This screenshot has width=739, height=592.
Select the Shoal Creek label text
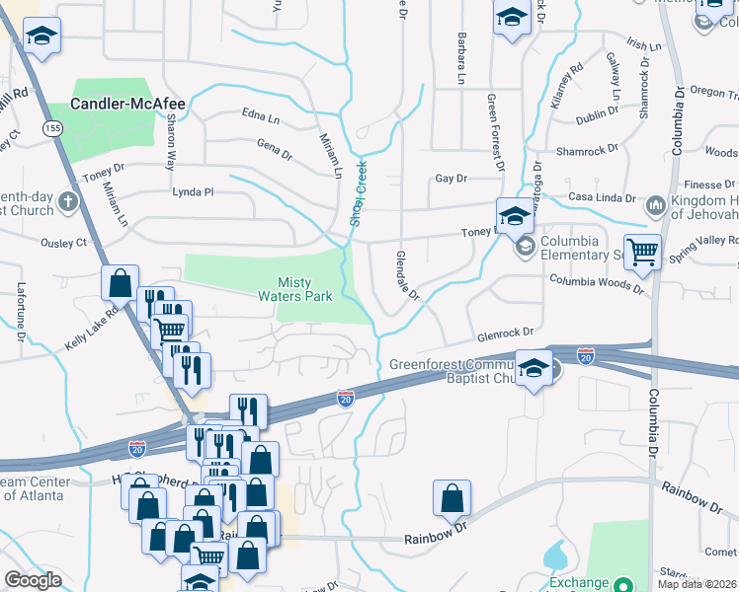tap(361, 193)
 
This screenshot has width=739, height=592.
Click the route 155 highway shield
tap(49, 128)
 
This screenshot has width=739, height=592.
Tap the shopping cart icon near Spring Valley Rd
tap(642, 253)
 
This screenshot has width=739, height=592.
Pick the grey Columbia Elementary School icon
tap(526, 246)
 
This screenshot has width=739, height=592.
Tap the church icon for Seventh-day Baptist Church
tap(67, 202)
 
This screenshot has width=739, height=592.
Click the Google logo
tap(32, 580)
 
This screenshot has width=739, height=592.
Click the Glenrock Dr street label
tap(504, 334)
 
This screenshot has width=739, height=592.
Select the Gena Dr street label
tap(275, 153)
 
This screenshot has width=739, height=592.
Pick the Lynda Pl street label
tap(193, 191)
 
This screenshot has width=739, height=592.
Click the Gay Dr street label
tap(451, 179)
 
